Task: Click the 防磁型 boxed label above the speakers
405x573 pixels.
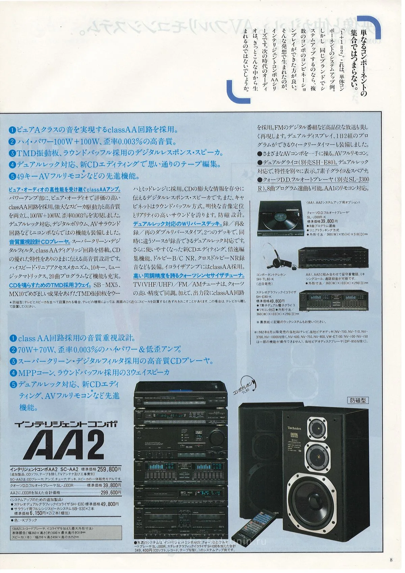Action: point(358,400)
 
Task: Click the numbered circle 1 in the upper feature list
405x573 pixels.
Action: point(12,130)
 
